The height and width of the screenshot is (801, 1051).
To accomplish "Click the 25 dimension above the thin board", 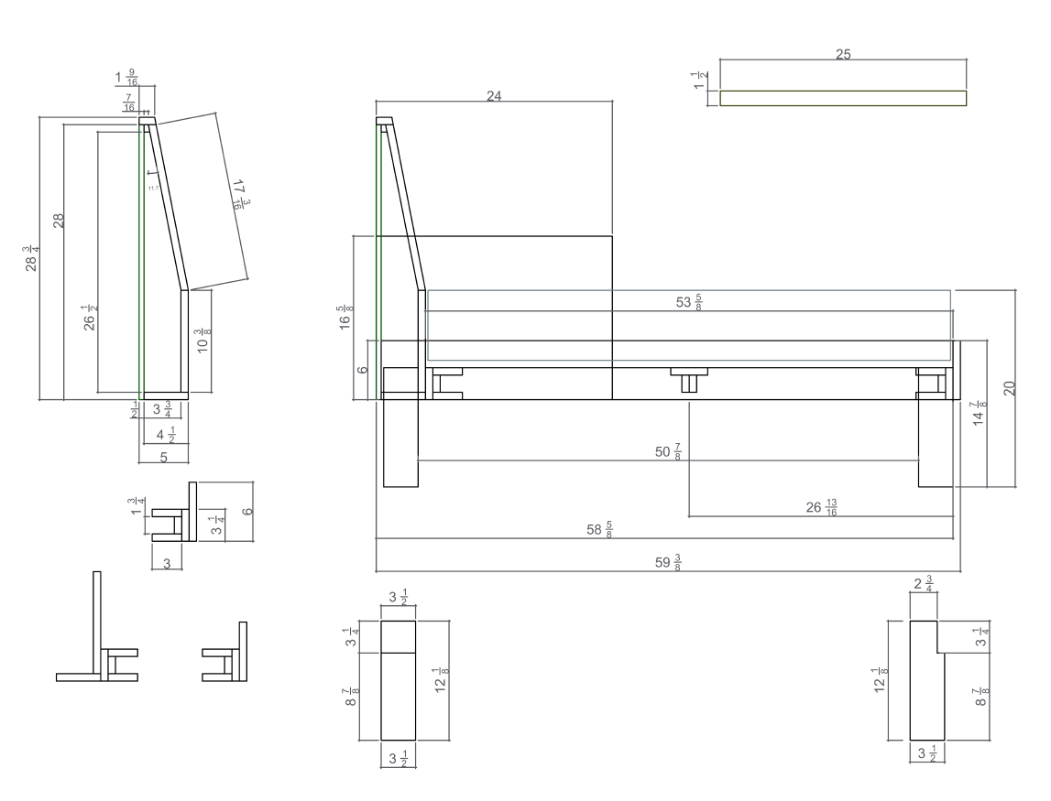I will pos(843,55).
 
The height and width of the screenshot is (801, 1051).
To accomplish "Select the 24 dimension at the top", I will pos(494,96).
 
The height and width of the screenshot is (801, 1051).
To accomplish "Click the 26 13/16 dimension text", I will pos(821,507).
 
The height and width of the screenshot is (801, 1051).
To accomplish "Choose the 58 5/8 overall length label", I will pos(600,530).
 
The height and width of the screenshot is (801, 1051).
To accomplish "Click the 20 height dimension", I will pos(1009,387).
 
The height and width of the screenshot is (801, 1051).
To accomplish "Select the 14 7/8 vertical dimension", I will pos(980,413).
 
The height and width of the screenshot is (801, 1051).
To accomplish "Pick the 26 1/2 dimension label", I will pos(89,319).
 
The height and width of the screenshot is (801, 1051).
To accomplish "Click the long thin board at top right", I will pos(843,98).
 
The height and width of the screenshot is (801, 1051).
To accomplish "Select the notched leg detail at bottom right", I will pos(926,679).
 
